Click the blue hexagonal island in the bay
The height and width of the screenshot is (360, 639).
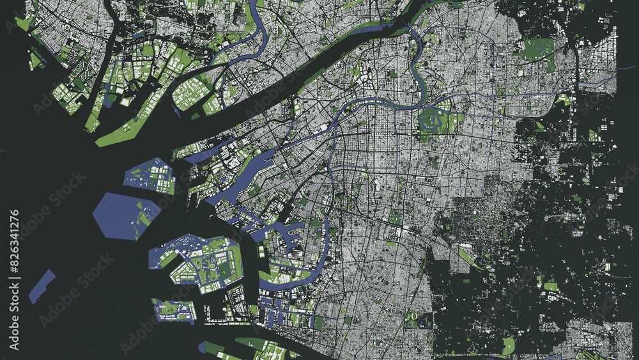125,215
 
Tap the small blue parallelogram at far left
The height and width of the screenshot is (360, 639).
42,286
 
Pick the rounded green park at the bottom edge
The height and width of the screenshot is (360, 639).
508,346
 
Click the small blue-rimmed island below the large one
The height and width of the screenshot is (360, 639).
174,310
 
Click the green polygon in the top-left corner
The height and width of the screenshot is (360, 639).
24,24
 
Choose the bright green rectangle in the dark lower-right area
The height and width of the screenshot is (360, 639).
550,286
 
